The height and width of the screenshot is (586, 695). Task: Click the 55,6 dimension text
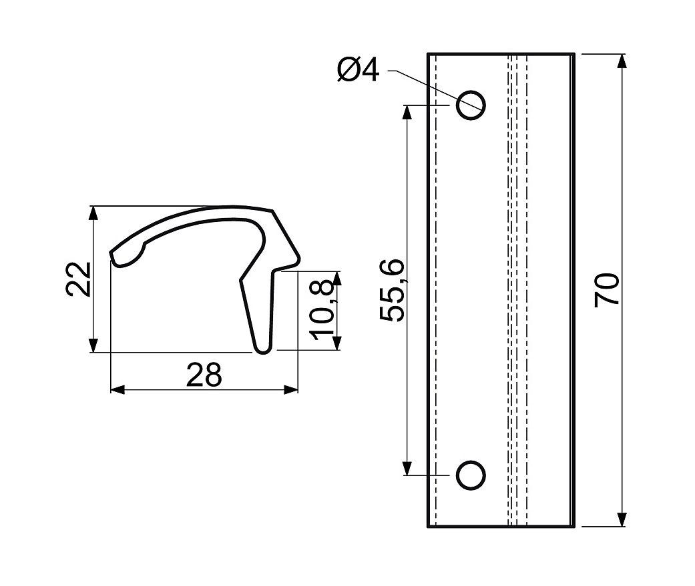[x=392, y=290]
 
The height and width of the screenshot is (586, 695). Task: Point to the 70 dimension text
[x=607, y=290]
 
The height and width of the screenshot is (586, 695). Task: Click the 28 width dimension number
[x=204, y=375]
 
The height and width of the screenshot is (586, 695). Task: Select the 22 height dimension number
[x=79, y=279]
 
